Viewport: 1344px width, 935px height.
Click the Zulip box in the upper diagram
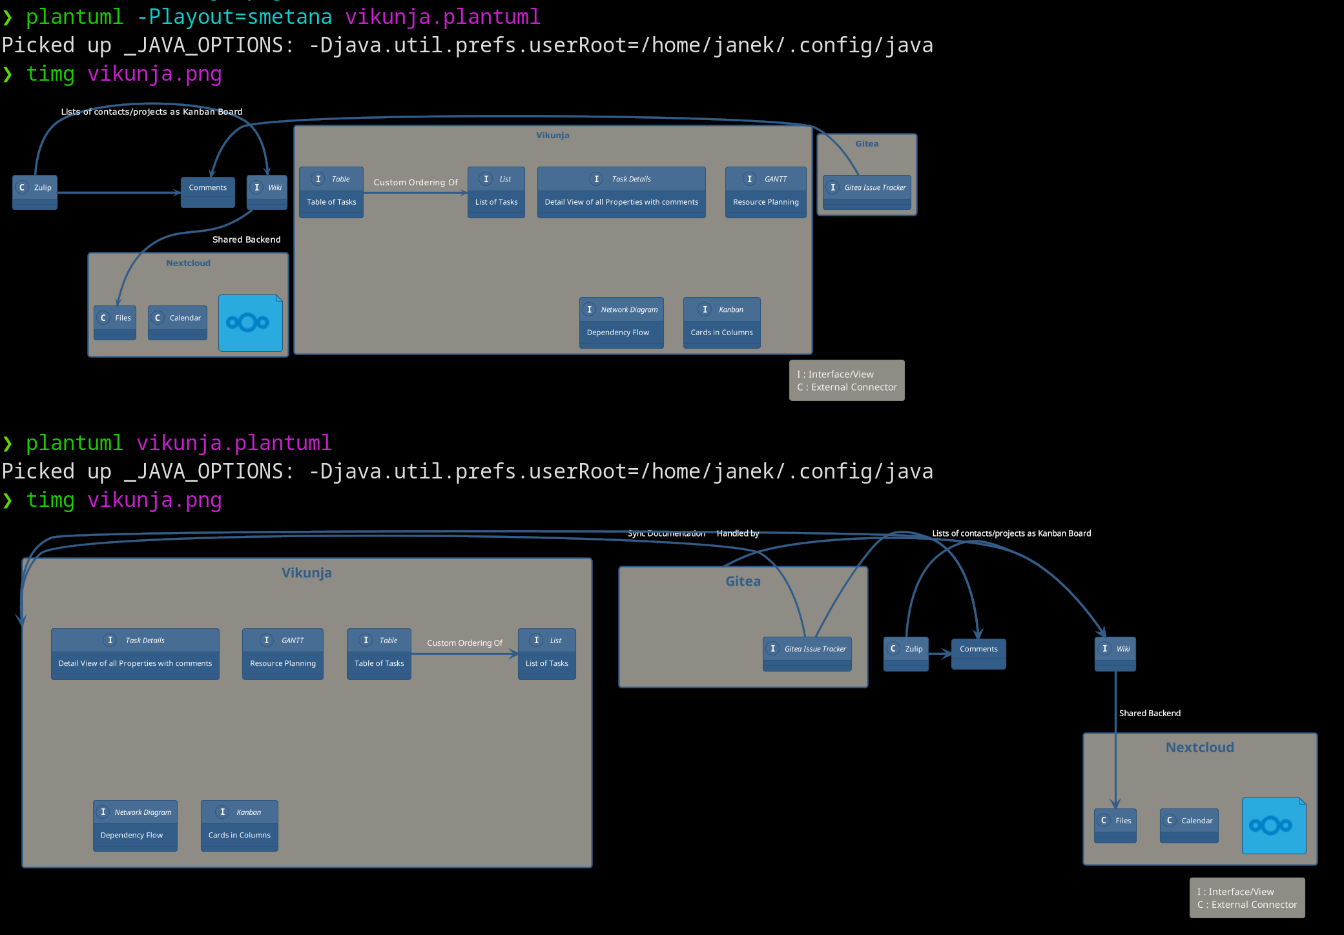coord(35,192)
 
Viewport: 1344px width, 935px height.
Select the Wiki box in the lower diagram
coord(1115,653)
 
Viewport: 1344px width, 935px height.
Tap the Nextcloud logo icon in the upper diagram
coord(250,323)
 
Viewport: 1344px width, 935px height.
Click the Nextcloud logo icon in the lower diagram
coord(1273,825)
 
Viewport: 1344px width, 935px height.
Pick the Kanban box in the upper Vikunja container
coord(721,322)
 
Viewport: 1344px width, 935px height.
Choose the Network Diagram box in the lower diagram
coord(135,825)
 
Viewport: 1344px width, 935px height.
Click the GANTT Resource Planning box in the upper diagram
coord(765,192)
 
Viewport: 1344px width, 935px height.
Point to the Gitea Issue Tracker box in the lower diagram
coord(807,653)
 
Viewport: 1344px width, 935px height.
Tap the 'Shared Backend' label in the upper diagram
coord(246,240)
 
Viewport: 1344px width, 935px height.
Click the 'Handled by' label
coord(738,533)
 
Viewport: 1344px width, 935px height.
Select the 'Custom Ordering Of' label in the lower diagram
coord(464,643)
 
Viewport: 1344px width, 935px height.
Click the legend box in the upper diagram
coord(846,380)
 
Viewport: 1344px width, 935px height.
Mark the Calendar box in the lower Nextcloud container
coord(1188,825)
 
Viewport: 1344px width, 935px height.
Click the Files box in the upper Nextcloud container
coord(115,322)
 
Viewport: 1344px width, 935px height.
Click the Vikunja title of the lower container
coord(306,573)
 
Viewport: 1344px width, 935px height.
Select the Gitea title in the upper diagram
coord(866,144)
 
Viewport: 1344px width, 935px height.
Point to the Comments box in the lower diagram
coord(978,653)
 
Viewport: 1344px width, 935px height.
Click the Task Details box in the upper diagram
coord(621,192)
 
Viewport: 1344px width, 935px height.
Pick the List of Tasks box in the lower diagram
coord(546,653)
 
